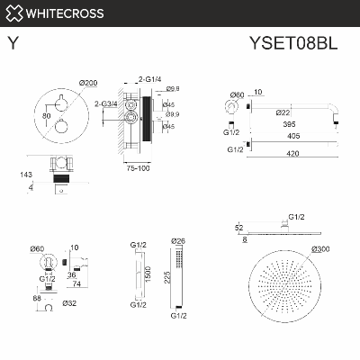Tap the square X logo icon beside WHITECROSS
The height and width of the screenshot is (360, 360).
[x=13, y=13]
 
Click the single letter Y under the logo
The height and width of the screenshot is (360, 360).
[x=12, y=42]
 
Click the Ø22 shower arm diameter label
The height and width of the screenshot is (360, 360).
[x=283, y=112]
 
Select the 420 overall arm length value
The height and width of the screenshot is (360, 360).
[x=288, y=154]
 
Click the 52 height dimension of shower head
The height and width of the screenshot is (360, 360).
[x=238, y=229]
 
